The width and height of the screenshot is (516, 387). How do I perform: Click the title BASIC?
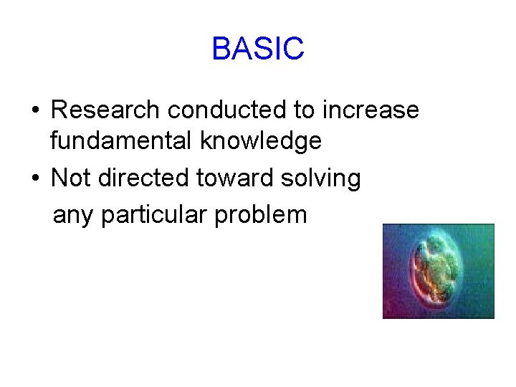(258, 49)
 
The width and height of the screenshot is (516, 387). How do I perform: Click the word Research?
(105, 110)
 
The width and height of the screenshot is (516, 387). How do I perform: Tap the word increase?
(371, 110)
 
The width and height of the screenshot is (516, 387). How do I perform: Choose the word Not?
(71, 178)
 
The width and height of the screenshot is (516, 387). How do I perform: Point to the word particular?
(149, 214)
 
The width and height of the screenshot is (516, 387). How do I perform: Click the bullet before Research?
(35, 111)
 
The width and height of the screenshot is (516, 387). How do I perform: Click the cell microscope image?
(438, 271)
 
